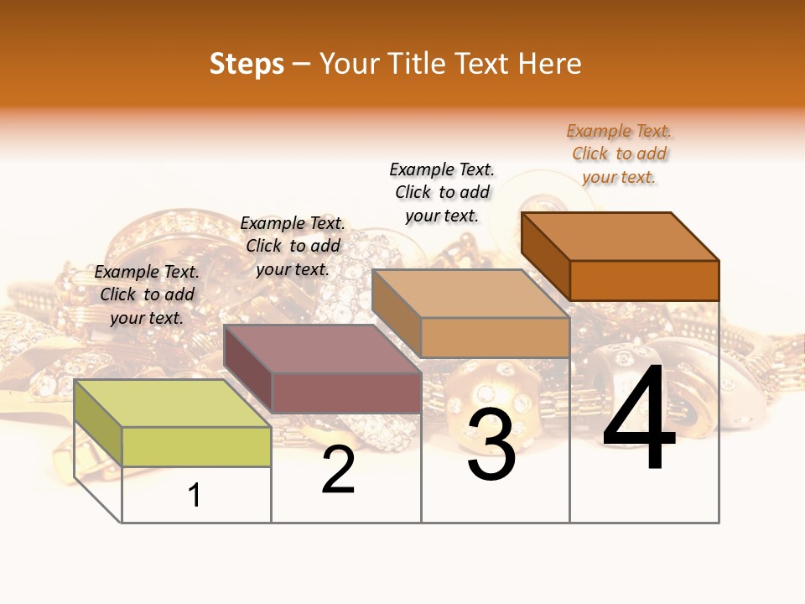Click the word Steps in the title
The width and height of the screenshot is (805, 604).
point(247,64)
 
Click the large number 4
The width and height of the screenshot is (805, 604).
point(639,419)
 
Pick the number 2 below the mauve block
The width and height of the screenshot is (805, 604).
point(338,471)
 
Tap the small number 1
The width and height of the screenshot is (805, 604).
point(195,496)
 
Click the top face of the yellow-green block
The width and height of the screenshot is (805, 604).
point(172,403)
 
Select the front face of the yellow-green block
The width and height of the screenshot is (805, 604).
point(196,446)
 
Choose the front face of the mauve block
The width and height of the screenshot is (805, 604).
point(346,393)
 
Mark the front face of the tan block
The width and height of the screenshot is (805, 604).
point(495,337)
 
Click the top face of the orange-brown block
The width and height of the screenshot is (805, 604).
point(620,236)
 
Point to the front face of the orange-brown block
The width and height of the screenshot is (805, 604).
point(644,280)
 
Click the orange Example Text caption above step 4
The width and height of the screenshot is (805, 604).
point(619,154)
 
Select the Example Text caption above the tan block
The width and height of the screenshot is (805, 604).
point(442,192)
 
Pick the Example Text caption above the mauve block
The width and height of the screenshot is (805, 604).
point(293,246)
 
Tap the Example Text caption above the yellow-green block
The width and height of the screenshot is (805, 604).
point(147,294)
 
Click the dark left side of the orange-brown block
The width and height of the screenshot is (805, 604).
point(545,256)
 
